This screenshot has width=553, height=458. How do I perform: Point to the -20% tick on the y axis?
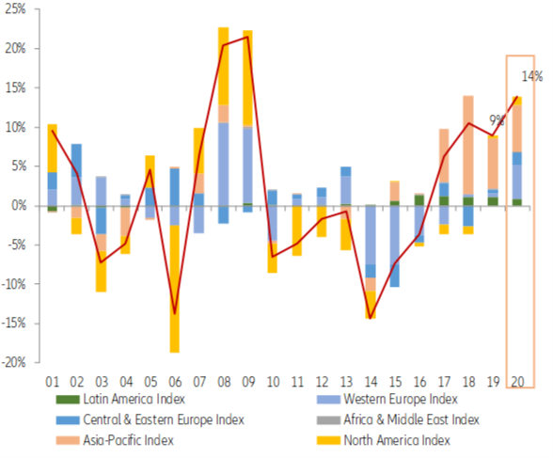(16, 362)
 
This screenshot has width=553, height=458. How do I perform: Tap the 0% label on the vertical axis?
(20, 205)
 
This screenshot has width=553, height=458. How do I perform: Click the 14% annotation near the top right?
(530, 75)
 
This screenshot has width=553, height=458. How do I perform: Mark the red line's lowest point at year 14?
(371, 318)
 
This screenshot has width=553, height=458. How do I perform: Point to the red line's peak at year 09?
(248, 38)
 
